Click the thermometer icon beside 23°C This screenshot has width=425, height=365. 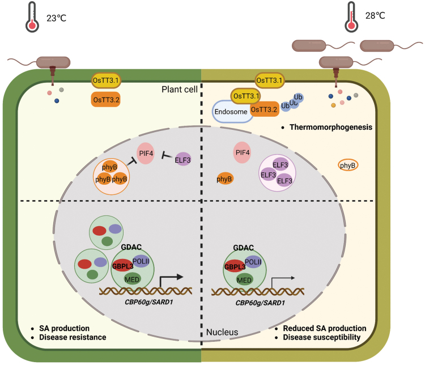(x=32, y=17)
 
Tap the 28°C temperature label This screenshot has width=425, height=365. (x=375, y=16)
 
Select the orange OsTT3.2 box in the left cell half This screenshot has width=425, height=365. (x=106, y=100)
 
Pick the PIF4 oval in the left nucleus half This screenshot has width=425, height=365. (x=146, y=154)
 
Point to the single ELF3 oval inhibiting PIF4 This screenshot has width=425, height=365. (x=182, y=159)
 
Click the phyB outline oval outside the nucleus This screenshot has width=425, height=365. (x=348, y=165)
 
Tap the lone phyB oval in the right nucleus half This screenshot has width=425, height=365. (x=224, y=179)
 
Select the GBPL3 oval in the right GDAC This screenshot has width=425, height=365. (x=235, y=267)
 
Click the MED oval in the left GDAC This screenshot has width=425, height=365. (x=132, y=279)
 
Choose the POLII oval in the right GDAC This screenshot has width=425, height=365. (x=253, y=262)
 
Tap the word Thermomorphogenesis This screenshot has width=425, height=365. (x=331, y=127)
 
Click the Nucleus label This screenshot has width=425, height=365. (x=222, y=332)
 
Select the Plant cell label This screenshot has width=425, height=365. (x=180, y=89)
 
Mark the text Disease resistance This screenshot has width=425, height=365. (x=73, y=337)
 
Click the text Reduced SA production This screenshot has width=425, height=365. (x=325, y=328)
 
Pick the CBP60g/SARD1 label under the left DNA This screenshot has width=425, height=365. (x=149, y=302)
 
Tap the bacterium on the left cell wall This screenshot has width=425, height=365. (x=53, y=63)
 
